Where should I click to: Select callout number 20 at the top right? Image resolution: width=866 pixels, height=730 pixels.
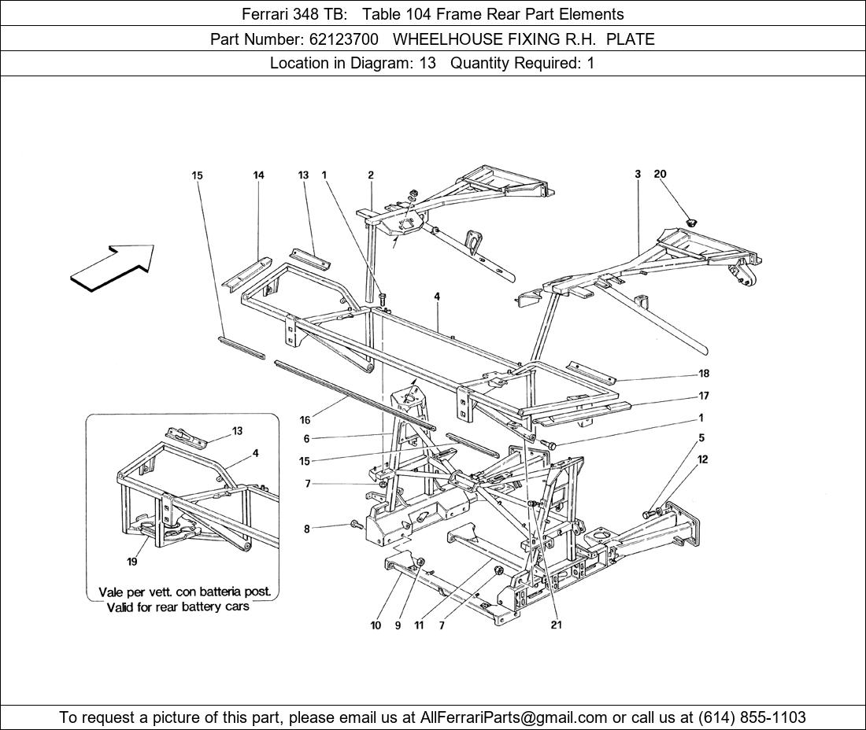coord(660,175)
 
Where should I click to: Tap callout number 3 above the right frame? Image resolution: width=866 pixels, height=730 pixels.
coord(638,175)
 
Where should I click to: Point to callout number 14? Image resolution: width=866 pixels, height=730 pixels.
coord(258,175)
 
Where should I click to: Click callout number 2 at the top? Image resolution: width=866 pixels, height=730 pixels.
coord(370,175)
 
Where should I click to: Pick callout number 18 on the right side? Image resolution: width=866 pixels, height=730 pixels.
coord(703,374)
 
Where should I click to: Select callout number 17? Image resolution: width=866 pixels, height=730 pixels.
coord(703,396)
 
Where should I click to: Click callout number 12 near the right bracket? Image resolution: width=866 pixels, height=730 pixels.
coord(702,459)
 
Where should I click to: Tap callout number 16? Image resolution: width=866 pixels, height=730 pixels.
coord(305,420)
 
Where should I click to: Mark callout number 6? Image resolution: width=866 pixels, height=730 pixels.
coord(306,439)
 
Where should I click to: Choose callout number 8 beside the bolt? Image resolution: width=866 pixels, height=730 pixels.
coord(307,529)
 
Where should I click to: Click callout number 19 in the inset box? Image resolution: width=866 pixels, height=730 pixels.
coord(132,562)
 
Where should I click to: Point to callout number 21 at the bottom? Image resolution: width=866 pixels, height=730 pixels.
coord(557,625)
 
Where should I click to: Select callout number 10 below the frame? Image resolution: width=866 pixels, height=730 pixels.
coord(376,625)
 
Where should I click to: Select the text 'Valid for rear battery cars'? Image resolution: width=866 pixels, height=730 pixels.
coord(178,606)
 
